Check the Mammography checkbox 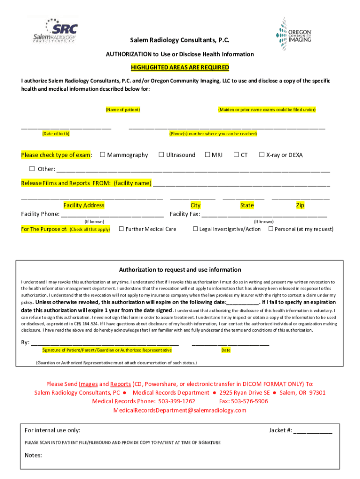[x=103, y=155]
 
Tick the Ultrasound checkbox [x=161, y=155]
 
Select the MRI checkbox [x=208, y=155]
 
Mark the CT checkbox [x=237, y=155]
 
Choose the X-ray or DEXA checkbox [x=262, y=155]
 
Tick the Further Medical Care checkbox [x=121, y=229]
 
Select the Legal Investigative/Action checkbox [x=195, y=229]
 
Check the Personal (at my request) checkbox [x=271, y=229]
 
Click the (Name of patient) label [x=122, y=109]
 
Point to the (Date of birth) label [x=56, y=134]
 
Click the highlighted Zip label [x=300, y=205]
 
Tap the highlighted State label [x=247, y=205]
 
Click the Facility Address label [x=84, y=205]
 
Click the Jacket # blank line [x=313, y=431]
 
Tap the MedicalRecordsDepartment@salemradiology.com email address [x=180, y=410]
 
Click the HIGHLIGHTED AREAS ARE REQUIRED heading [x=180, y=67]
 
